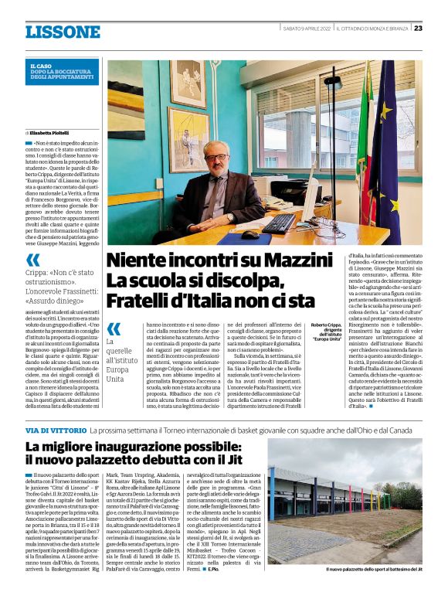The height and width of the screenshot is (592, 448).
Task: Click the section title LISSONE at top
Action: [x=63, y=32]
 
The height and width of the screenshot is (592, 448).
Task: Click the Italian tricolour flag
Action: [x=361, y=155]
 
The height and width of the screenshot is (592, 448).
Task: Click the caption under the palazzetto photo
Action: [x=373, y=570]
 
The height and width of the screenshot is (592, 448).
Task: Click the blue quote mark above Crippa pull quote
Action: [x=32, y=260]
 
